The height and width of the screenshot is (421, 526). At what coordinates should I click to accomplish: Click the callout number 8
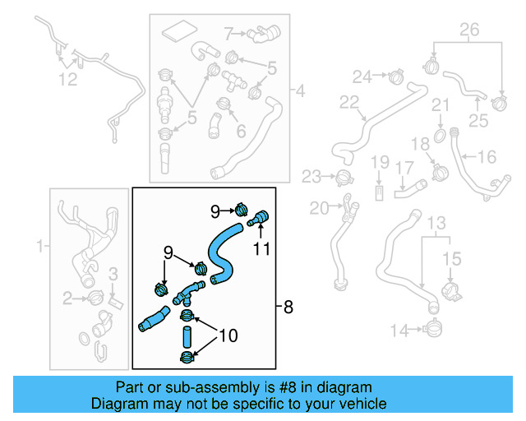(288, 308)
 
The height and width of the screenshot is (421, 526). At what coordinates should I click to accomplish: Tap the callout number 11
(261, 246)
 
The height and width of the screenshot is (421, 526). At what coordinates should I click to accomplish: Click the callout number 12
(67, 79)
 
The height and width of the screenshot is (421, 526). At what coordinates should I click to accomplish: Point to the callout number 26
(468, 30)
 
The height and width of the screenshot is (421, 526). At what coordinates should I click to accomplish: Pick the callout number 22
(350, 103)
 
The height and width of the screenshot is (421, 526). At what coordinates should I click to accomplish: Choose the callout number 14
(399, 331)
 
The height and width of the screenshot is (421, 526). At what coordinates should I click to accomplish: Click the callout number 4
(300, 90)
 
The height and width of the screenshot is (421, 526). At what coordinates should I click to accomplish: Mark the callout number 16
(487, 155)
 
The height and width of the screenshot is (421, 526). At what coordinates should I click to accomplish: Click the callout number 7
(230, 34)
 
